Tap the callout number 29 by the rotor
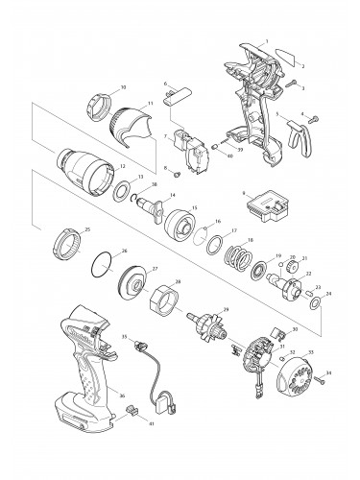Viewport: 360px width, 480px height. [x=226, y=309]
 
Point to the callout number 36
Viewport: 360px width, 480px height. [x=121, y=396]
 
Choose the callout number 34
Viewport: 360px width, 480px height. [x=328, y=372]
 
